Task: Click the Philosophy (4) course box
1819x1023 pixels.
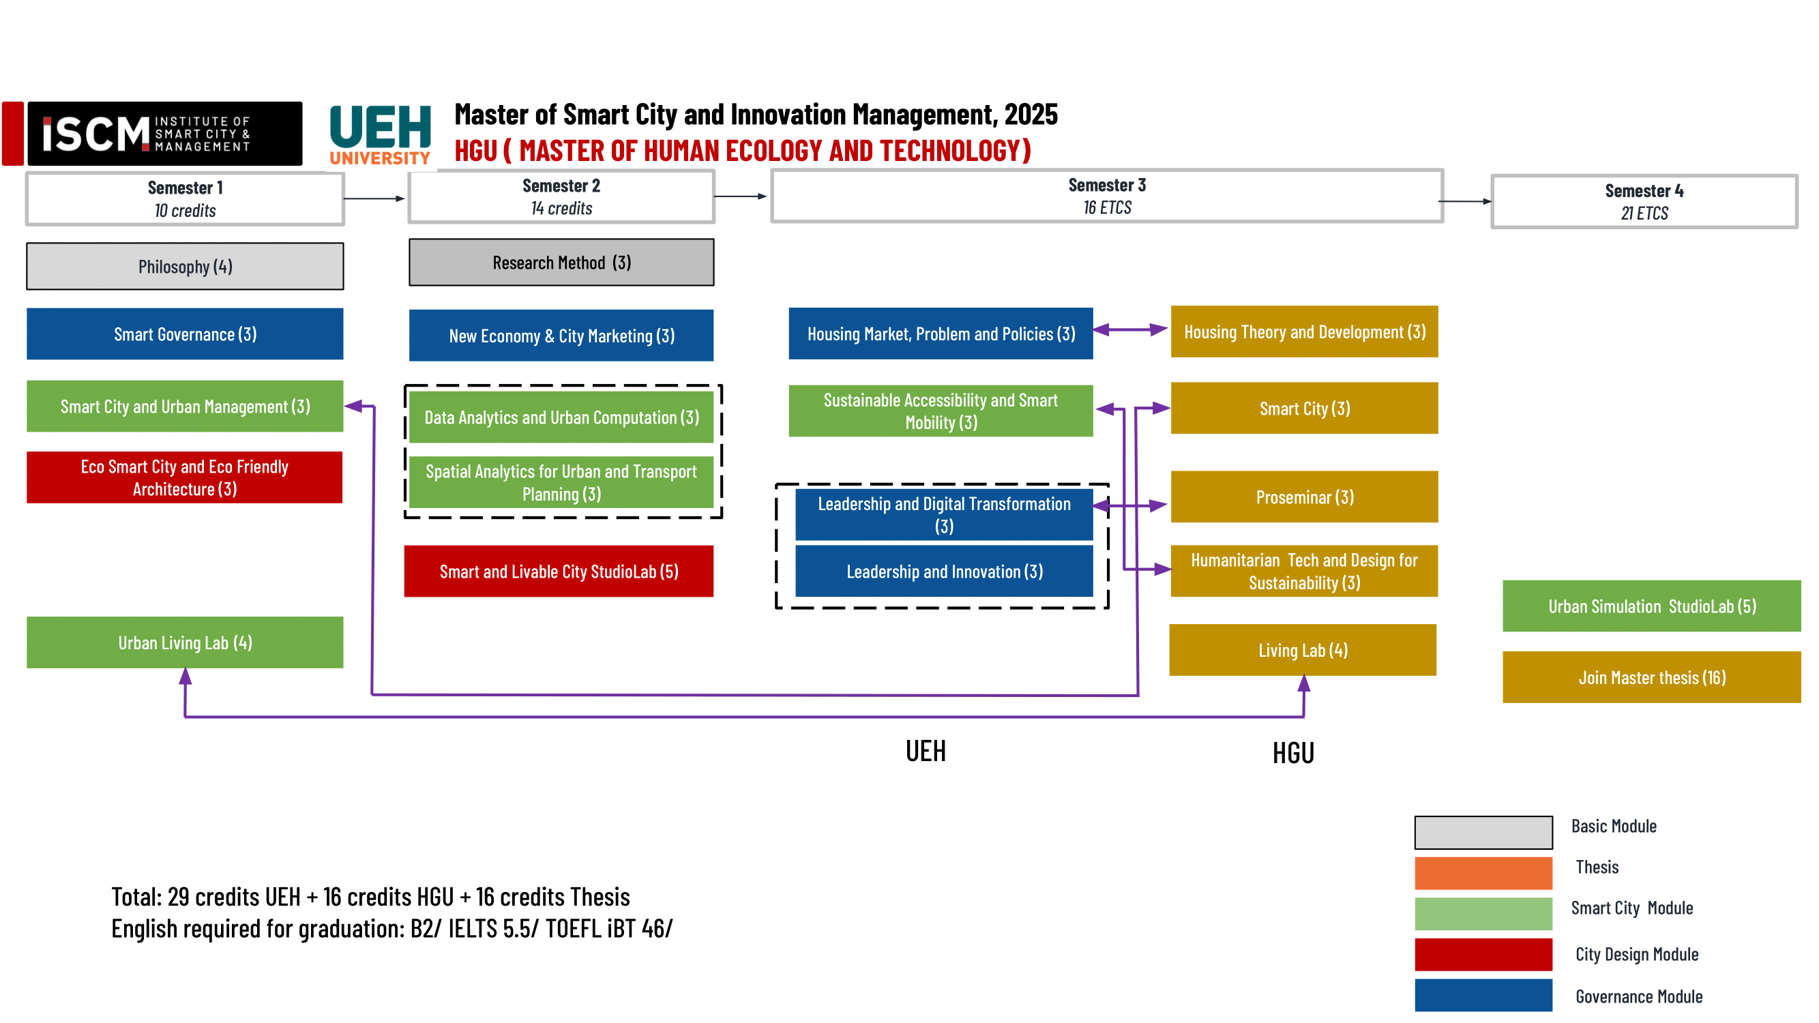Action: click(x=185, y=266)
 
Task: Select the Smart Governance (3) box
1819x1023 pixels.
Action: click(x=185, y=334)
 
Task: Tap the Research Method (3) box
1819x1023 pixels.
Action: click(x=561, y=263)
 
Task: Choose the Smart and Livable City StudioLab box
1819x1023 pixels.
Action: click(x=559, y=571)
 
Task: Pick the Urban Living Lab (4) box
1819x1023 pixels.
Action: click(x=185, y=642)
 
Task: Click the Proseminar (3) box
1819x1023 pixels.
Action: click(x=1304, y=497)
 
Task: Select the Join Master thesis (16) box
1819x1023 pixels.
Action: click(x=1651, y=677)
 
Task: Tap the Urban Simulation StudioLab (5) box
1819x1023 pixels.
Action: click(x=1651, y=606)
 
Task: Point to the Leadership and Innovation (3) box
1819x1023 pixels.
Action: click(x=944, y=571)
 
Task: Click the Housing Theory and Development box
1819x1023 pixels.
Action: click(x=1304, y=332)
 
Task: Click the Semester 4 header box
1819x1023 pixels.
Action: click(x=1644, y=202)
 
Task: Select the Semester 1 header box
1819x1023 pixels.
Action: click(x=185, y=199)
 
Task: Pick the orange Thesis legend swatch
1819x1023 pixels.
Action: click(x=1483, y=873)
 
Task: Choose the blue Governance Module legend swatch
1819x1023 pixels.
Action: click(x=1483, y=995)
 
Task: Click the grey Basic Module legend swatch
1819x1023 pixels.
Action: click(x=1483, y=832)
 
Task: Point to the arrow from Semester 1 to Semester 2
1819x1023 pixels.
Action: click(x=374, y=199)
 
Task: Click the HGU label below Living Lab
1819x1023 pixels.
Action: click(x=1293, y=753)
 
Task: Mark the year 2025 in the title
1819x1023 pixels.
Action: click(x=1031, y=115)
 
